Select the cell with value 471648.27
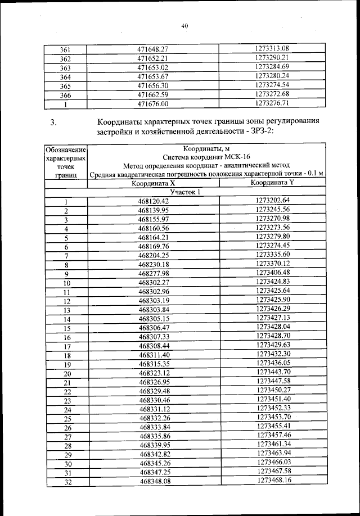pos(153,49)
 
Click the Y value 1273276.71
pos(272,103)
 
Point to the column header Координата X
pos(153,183)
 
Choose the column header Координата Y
pos(272,183)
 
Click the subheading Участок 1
pos(186,192)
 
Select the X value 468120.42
pos(153,201)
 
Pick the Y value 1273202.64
pos(272,201)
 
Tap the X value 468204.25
pos(153,256)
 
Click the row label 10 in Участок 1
pos(66,283)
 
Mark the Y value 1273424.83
pos(272,282)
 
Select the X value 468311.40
pos(153,355)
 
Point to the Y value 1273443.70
pos(272,372)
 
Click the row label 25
pos(67,419)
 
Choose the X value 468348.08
pos(153,481)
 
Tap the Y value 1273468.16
pos(272,480)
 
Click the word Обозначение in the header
pos(66,150)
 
